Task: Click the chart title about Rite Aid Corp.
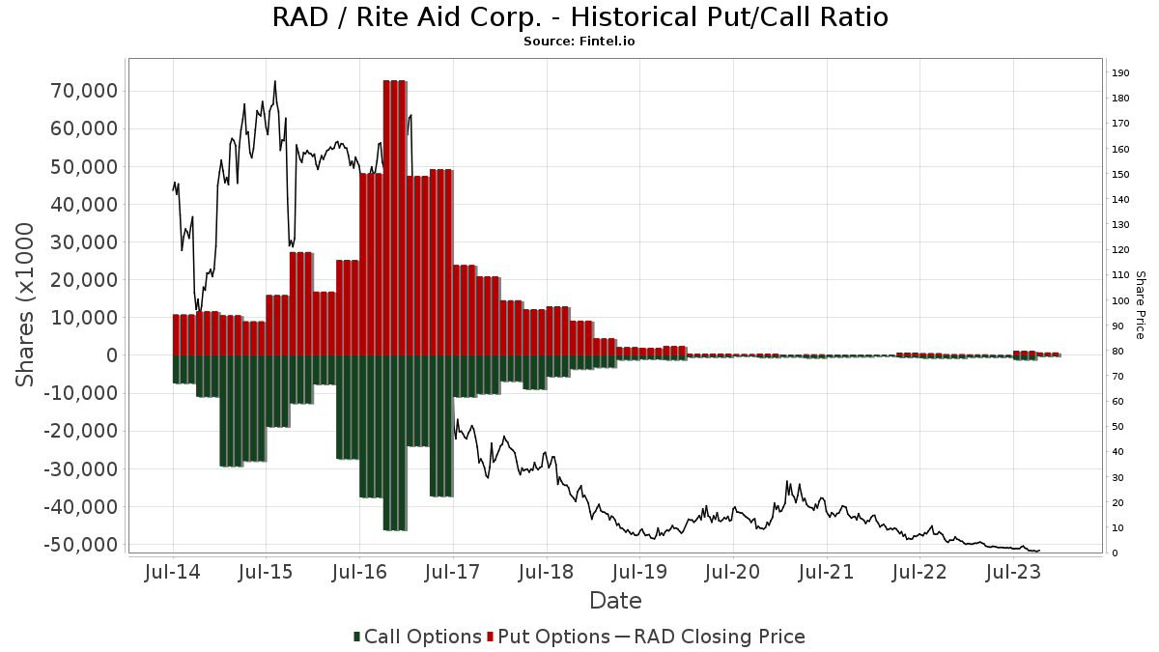click(x=579, y=17)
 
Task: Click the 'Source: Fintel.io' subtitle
click(x=579, y=42)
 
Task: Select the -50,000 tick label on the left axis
click(x=84, y=545)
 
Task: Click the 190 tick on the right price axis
click(x=1120, y=73)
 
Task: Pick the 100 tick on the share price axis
click(x=1120, y=300)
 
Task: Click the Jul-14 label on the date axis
click(x=173, y=573)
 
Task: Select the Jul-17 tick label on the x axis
click(x=453, y=573)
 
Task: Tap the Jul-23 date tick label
click(x=1012, y=573)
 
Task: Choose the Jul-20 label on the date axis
click(x=732, y=573)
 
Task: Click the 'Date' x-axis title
click(x=615, y=601)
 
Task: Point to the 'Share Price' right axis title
click(x=1140, y=304)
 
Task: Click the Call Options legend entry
click(x=417, y=637)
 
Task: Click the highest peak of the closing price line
click(x=275, y=82)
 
